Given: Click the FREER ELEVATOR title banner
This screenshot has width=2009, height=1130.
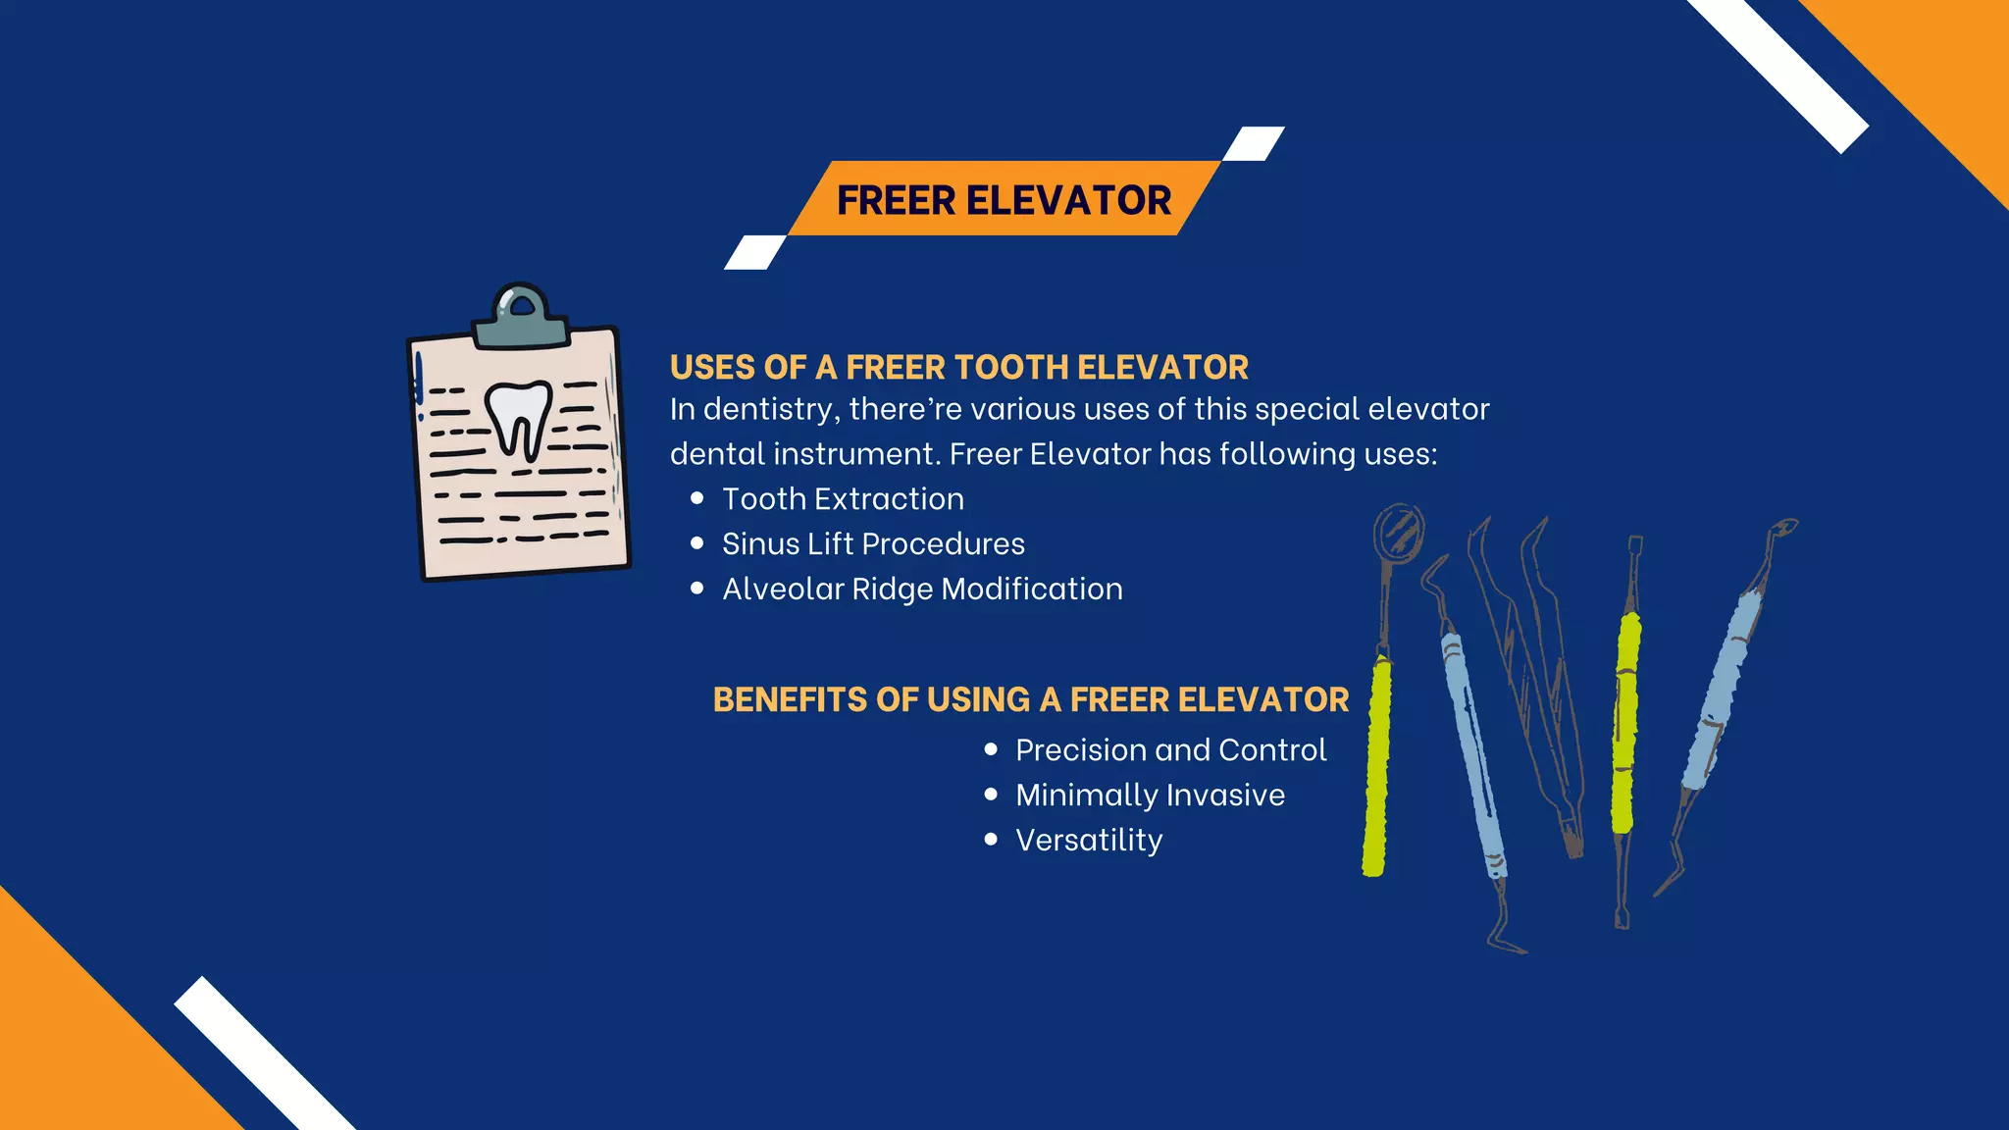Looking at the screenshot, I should coord(1004,199).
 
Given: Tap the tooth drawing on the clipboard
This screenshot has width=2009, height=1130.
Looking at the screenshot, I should coord(519,418).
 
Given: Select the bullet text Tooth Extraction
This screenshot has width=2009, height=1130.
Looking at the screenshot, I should coord(843,499).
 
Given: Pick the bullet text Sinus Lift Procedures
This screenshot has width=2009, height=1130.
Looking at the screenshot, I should coord(873,544).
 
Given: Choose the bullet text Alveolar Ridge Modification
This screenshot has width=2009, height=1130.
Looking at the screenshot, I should coord(922,590).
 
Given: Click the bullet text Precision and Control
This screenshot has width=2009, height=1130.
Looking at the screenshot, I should coord(1170,750).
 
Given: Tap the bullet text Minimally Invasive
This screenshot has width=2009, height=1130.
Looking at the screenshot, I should coord(1150,796).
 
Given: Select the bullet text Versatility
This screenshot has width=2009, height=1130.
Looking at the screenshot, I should coord(1089,841).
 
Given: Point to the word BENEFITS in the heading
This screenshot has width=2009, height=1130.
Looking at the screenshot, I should coord(791,700).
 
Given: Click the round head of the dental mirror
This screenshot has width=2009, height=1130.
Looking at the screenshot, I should coord(1398,533).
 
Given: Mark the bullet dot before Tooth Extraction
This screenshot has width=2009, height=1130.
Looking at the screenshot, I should coord(697,498).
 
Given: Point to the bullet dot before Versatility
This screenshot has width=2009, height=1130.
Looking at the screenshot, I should coord(991,840).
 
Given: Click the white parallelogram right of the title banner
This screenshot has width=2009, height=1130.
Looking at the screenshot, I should coord(1254,143).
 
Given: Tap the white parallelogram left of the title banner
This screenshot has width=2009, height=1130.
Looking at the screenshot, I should coord(755,252).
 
